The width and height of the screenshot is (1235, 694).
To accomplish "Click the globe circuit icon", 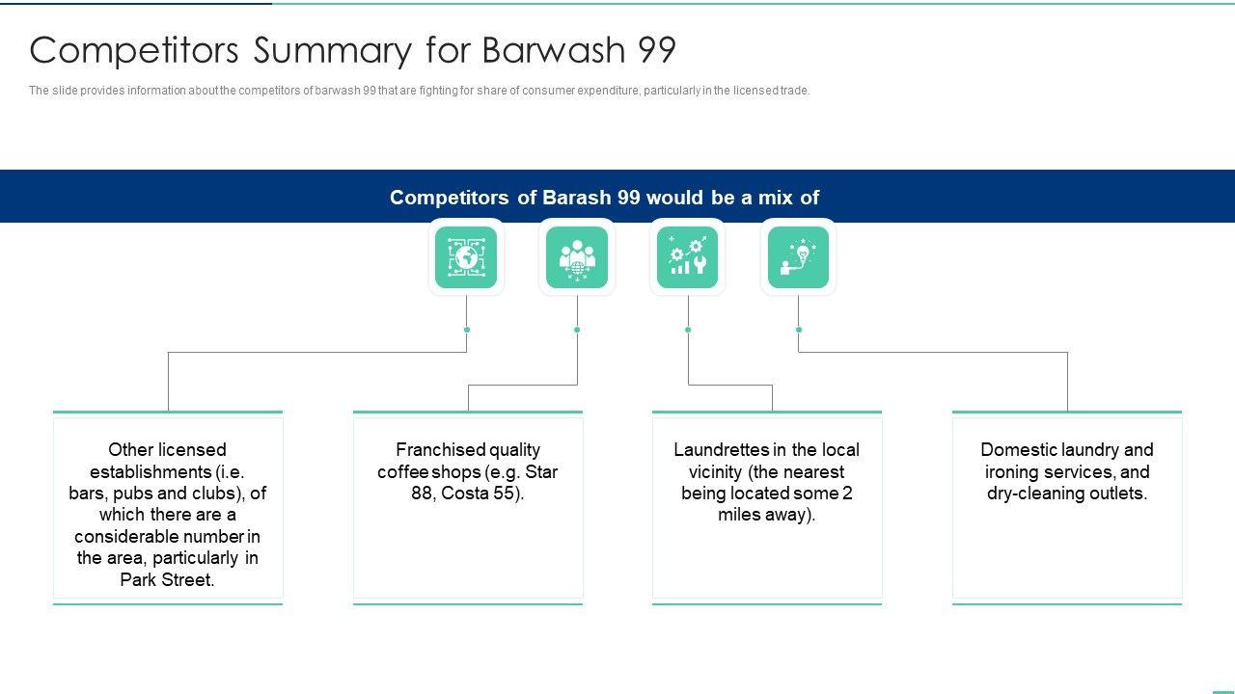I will click(x=466, y=257).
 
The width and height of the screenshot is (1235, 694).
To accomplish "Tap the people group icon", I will click(x=577, y=257).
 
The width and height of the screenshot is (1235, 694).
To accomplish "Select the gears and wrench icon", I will click(x=688, y=257).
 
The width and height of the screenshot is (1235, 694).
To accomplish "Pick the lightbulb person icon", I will click(x=798, y=257).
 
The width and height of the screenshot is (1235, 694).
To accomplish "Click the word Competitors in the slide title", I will click(x=134, y=50).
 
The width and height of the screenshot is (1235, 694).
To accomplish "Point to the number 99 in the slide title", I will click(x=656, y=50).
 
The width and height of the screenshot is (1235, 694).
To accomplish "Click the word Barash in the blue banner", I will click(x=577, y=198).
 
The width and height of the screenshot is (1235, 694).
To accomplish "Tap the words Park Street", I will click(x=167, y=579).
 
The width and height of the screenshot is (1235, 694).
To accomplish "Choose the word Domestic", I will click(x=1018, y=450).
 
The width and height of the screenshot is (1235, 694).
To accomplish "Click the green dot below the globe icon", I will click(x=467, y=330).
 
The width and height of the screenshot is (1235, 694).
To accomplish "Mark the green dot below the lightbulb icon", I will click(x=799, y=330).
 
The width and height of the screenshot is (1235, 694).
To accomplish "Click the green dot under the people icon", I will click(x=577, y=330).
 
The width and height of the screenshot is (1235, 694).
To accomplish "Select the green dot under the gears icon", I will click(x=688, y=330).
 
